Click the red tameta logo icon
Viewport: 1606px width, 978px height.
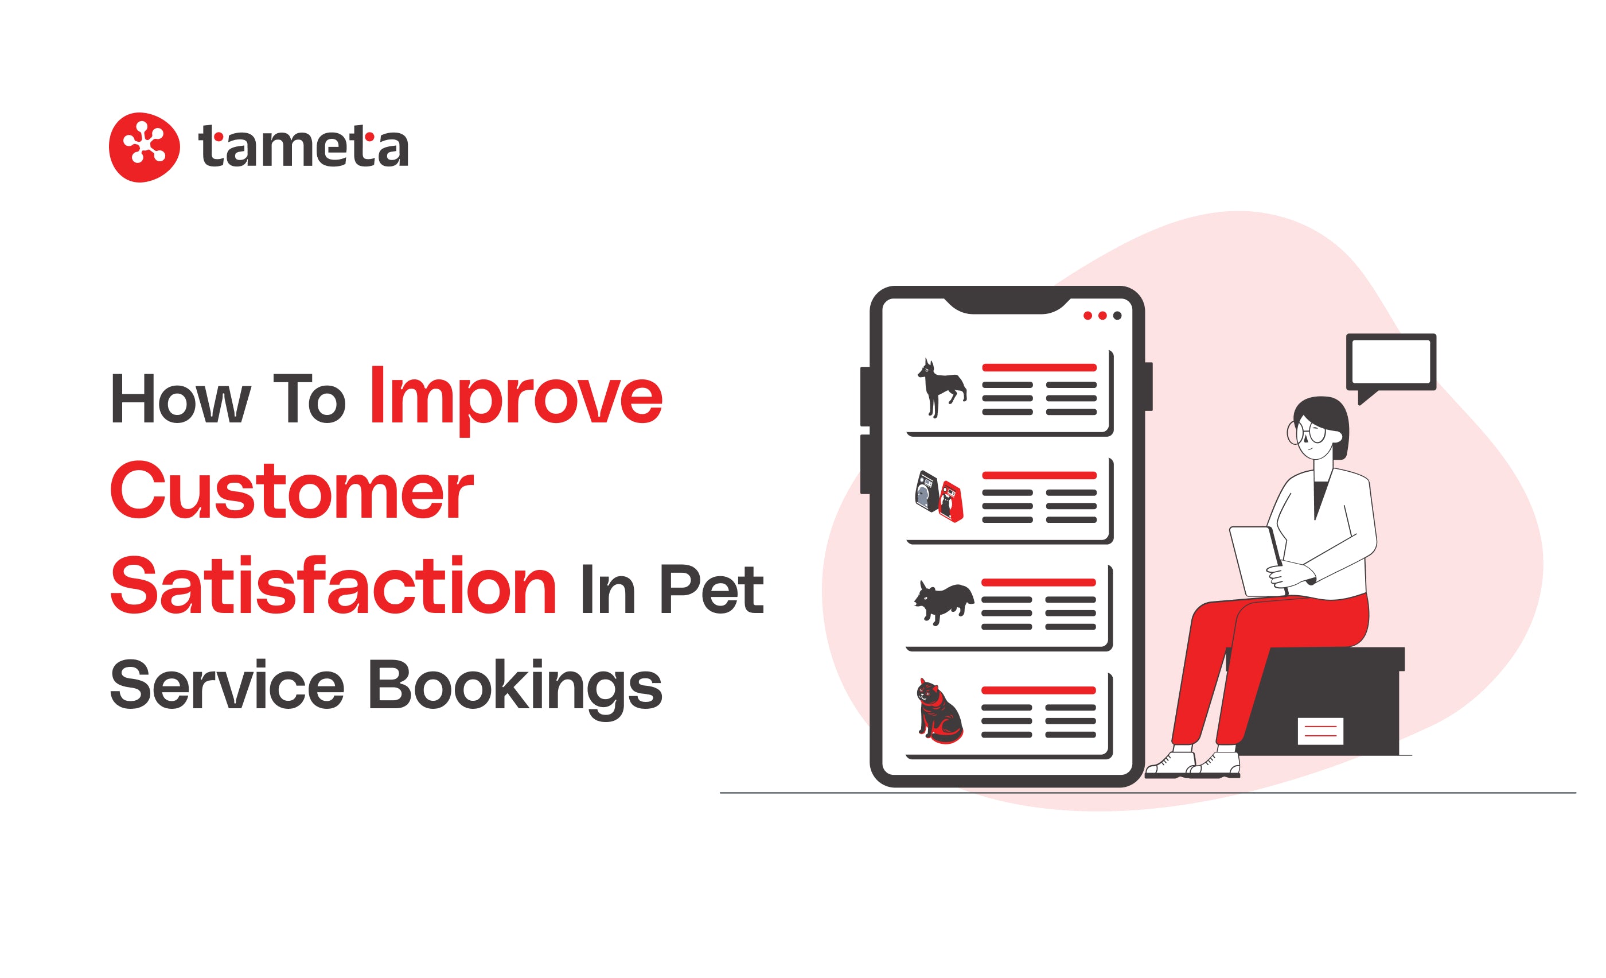[144, 148]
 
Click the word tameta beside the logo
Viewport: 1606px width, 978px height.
[303, 146]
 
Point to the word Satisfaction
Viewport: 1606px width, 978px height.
[333, 585]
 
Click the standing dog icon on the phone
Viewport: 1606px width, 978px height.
[941, 387]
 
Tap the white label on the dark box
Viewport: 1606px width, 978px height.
[1320, 731]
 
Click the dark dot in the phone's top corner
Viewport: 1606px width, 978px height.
[1117, 316]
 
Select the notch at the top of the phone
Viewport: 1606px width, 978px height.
[1007, 305]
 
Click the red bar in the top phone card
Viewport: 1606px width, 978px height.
[1039, 368]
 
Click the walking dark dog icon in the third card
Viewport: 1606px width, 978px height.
[943, 603]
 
